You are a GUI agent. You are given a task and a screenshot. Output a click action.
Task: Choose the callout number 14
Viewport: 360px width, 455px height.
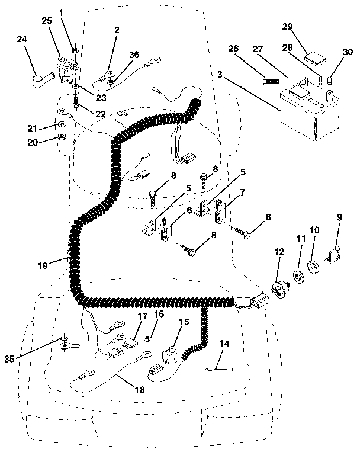pos(224,343)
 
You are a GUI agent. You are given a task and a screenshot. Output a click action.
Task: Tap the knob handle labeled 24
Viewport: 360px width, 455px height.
pos(40,77)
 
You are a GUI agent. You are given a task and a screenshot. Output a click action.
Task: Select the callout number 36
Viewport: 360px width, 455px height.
pos(134,55)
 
